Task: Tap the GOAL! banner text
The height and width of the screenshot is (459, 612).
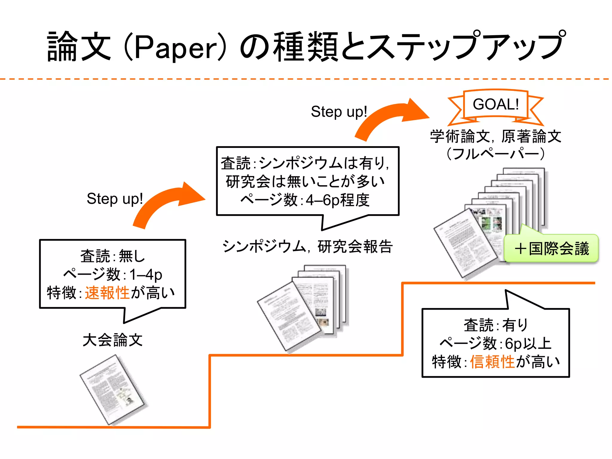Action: click(x=495, y=104)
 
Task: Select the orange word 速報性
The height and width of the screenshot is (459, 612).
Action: click(x=107, y=293)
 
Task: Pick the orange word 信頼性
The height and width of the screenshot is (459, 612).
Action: click(x=492, y=362)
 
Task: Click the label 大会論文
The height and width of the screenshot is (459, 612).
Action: click(x=113, y=340)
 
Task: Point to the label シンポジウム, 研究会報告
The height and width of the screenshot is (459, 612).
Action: click(x=307, y=247)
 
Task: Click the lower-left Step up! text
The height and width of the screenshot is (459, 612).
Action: click(x=115, y=199)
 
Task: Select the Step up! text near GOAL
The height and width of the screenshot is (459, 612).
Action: click(x=339, y=112)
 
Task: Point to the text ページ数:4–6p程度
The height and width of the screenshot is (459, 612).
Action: click(x=305, y=200)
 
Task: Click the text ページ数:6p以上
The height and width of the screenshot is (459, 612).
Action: click(x=495, y=343)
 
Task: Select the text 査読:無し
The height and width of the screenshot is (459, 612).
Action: click(x=113, y=256)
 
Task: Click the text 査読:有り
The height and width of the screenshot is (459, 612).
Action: click(x=495, y=325)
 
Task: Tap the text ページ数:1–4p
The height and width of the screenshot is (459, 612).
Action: click(x=113, y=274)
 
